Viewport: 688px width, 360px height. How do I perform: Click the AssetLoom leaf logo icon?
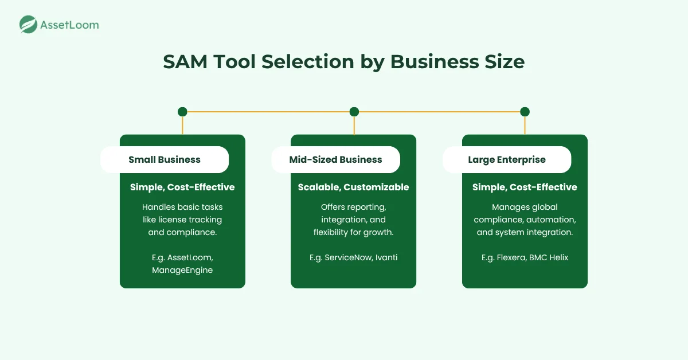tap(29, 24)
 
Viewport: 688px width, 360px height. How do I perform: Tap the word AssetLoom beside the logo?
tap(69, 25)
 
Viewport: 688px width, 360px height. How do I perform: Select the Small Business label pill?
tap(165, 159)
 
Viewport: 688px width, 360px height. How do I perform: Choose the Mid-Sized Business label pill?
tap(335, 159)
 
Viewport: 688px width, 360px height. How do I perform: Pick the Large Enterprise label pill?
tap(507, 159)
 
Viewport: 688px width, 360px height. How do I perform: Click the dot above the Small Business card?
tap(182, 112)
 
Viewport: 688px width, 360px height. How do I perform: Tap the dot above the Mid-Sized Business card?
tap(354, 112)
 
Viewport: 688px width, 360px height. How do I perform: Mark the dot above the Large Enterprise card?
tap(525, 112)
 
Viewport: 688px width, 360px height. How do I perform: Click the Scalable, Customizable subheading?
tap(353, 187)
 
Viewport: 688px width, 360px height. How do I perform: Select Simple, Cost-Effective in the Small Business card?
tap(182, 187)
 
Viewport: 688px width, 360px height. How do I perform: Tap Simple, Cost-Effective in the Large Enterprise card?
tap(525, 187)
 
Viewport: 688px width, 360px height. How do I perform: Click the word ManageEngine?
tap(182, 270)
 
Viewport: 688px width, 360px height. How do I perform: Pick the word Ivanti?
tap(386, 257)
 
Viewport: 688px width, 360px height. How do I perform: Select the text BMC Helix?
tap(550, 257)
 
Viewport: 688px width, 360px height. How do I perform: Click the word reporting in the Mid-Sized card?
tap(365, 206)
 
